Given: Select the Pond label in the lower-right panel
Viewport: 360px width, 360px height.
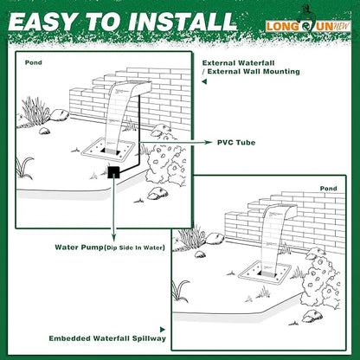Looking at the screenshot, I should pyautogui.click(x=328, y=187).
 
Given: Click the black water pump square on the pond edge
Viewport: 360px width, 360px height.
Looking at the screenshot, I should pyautogui.click(x=112, y=173).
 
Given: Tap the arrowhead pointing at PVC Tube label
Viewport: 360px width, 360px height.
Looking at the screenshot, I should pyautogui.click(x=208, y=140).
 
